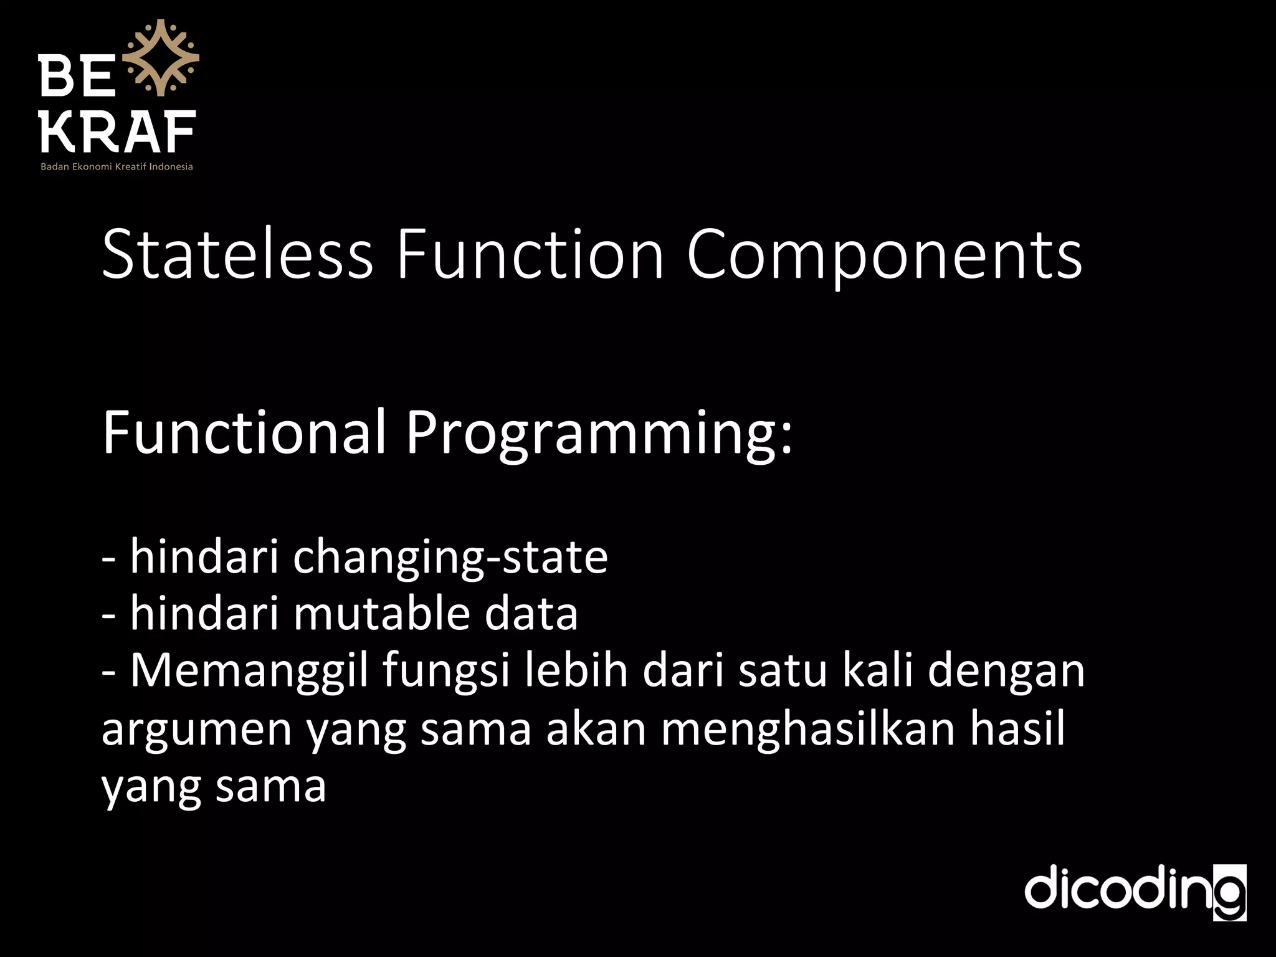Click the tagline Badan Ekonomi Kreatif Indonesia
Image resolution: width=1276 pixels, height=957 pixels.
tap(117, 167)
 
